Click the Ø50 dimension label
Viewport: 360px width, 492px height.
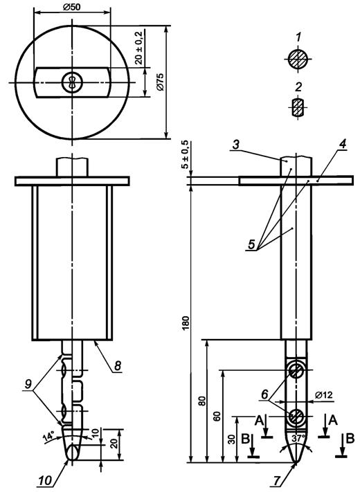(71, 7)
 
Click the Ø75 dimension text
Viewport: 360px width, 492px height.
(160, 82)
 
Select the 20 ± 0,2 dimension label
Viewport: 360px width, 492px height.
(138, 48)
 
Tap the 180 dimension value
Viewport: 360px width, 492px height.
(186, 323)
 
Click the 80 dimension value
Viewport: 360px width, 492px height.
(203, 401)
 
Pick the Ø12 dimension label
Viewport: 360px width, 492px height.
(323, 394)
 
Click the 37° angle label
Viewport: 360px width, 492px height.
(296, 438)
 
